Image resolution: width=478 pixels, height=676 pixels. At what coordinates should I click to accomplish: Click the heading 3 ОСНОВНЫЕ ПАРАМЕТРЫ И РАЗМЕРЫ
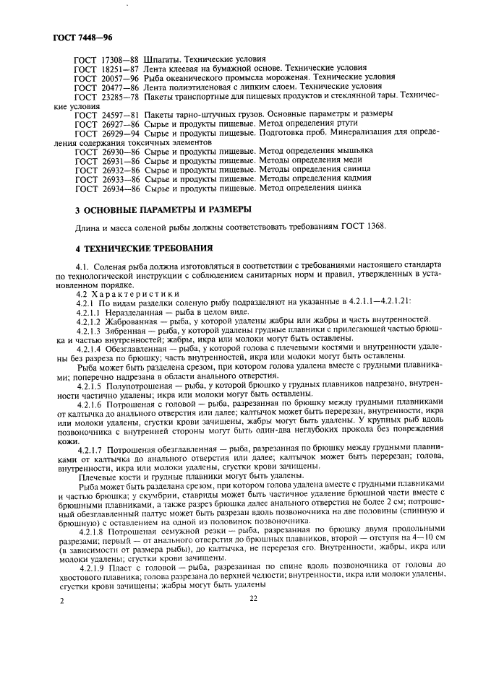(x=163, y=209)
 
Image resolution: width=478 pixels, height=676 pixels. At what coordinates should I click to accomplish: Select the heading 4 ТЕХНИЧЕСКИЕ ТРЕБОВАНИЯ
(x=145, y=248)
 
